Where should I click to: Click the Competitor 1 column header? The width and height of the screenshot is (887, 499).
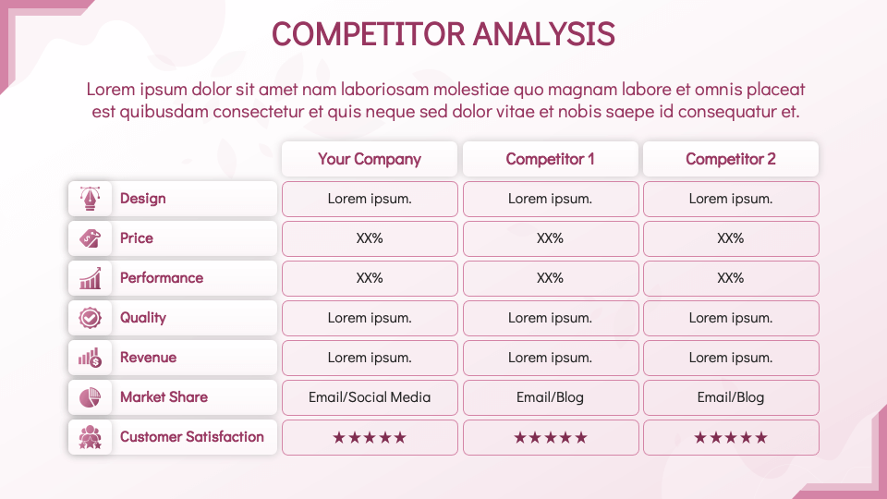tap(551, 159)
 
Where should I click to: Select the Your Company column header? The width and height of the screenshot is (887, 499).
tap(370, 159)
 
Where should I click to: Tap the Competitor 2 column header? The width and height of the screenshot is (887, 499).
tap(731, 159)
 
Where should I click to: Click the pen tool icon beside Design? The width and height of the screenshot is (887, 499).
tap(90, 199)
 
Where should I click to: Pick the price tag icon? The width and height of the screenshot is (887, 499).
tap(90, 238)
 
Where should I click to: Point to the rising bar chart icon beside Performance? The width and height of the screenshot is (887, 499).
tap(90, 278)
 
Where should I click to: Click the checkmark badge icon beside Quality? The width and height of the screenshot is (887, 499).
tap(90, 318)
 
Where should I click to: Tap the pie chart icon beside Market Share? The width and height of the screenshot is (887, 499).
tap(90, 397)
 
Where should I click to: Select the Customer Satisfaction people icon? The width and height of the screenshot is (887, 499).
tap(90, 437)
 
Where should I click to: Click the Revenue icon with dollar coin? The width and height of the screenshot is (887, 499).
tap(90, 358)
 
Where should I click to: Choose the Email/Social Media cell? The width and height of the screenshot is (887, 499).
tap(370, 397)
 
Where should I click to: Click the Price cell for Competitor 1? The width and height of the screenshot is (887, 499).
tap(551, 238)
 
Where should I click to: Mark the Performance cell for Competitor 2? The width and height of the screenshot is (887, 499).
tap(731, 278)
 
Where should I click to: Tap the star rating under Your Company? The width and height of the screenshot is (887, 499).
tap(370, 437)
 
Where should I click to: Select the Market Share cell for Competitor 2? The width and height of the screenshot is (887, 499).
tap(731, 397)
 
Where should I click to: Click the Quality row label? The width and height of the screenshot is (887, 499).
tap(143, 318)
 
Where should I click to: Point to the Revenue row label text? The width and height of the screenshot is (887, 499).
tap(148, 358)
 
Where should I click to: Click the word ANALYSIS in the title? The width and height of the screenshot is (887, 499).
tap(543, 34)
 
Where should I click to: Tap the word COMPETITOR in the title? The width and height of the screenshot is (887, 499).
tap(369, 34)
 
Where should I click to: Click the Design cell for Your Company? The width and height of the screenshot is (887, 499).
tap(370, 199)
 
